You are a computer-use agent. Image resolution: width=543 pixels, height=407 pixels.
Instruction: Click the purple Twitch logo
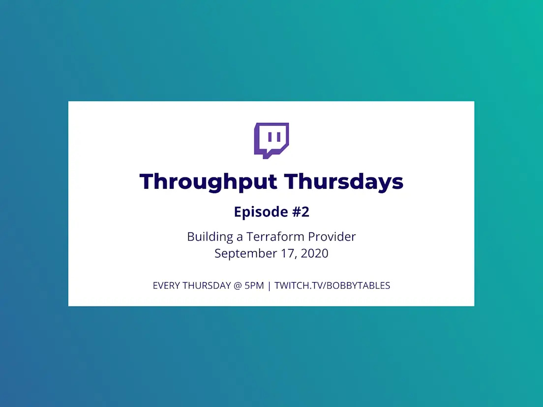(271, 140)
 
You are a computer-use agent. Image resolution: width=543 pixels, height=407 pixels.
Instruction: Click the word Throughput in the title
(209, 182)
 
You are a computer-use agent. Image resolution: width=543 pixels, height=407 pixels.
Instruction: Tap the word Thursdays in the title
(344, 181)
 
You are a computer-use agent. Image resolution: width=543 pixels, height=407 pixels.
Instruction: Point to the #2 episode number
(301, 211)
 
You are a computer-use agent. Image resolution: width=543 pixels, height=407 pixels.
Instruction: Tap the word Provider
(332, 236)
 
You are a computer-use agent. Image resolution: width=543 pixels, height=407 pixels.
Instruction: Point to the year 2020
(314, 253)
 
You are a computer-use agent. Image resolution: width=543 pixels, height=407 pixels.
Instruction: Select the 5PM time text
(254, 286)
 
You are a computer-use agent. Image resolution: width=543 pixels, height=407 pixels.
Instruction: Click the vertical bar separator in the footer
(269, 286)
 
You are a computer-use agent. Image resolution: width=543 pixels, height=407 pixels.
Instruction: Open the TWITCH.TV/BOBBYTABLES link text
(332, 286)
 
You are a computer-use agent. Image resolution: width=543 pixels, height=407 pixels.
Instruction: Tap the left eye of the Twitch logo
(270, 137)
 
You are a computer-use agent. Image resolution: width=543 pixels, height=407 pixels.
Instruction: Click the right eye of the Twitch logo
(279, 137)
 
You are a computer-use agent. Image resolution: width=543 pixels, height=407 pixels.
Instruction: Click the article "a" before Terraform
(240, 238)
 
